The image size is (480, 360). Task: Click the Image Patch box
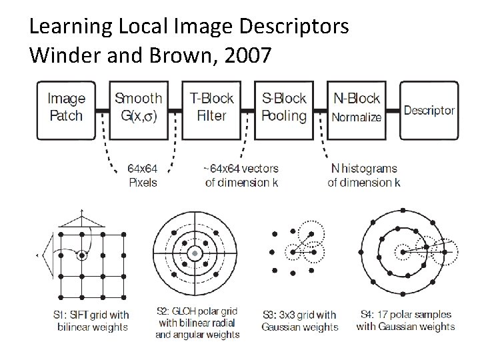point(67,108)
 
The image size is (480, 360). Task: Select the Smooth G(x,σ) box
point(138,108)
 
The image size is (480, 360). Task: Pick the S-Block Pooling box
point(284,108)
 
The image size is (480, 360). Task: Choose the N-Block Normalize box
point(357,108)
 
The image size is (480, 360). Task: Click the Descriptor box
point(429,111)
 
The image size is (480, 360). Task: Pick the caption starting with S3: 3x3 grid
point(299,321)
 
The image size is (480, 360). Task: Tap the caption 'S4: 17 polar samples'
point(405,321)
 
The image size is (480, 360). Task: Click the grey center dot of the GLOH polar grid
point(194,254)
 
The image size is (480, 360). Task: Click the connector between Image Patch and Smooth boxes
point(103,109)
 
